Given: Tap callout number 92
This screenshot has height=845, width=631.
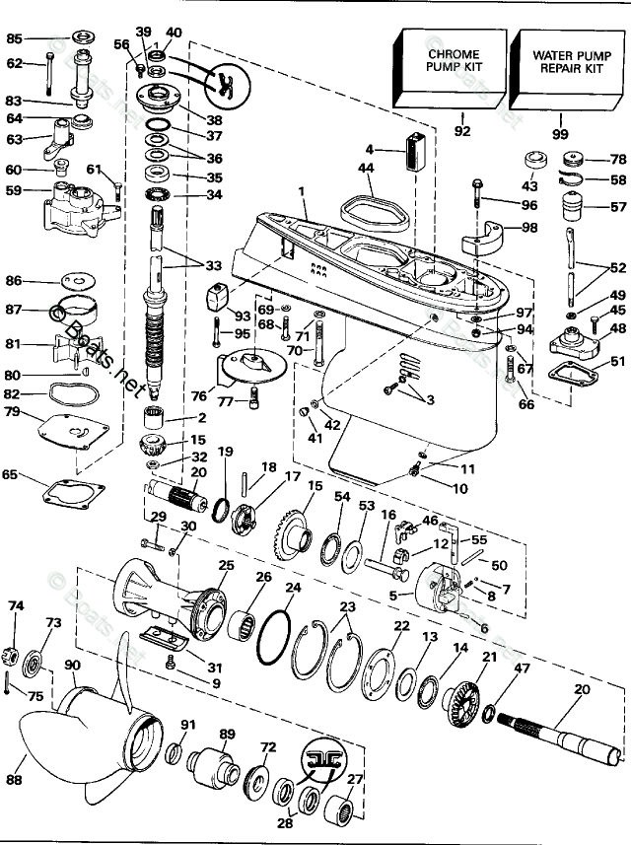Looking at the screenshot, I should click(x=462, y=129).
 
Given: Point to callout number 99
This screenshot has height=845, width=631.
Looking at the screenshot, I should click(x=560, y=131).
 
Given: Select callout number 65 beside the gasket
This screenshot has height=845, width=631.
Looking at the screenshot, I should click(x=10, y=476).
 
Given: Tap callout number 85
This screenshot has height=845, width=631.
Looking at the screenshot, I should click(x=14, y=39).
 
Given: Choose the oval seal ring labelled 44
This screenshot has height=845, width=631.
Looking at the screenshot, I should click(x=364, y=212).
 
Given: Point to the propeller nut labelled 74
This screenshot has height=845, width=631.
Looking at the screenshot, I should click(x=16, y=654).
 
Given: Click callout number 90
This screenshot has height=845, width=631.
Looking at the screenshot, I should click(x=72, y=667).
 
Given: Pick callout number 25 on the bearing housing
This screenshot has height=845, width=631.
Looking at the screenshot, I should click(x=226, y=565).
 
